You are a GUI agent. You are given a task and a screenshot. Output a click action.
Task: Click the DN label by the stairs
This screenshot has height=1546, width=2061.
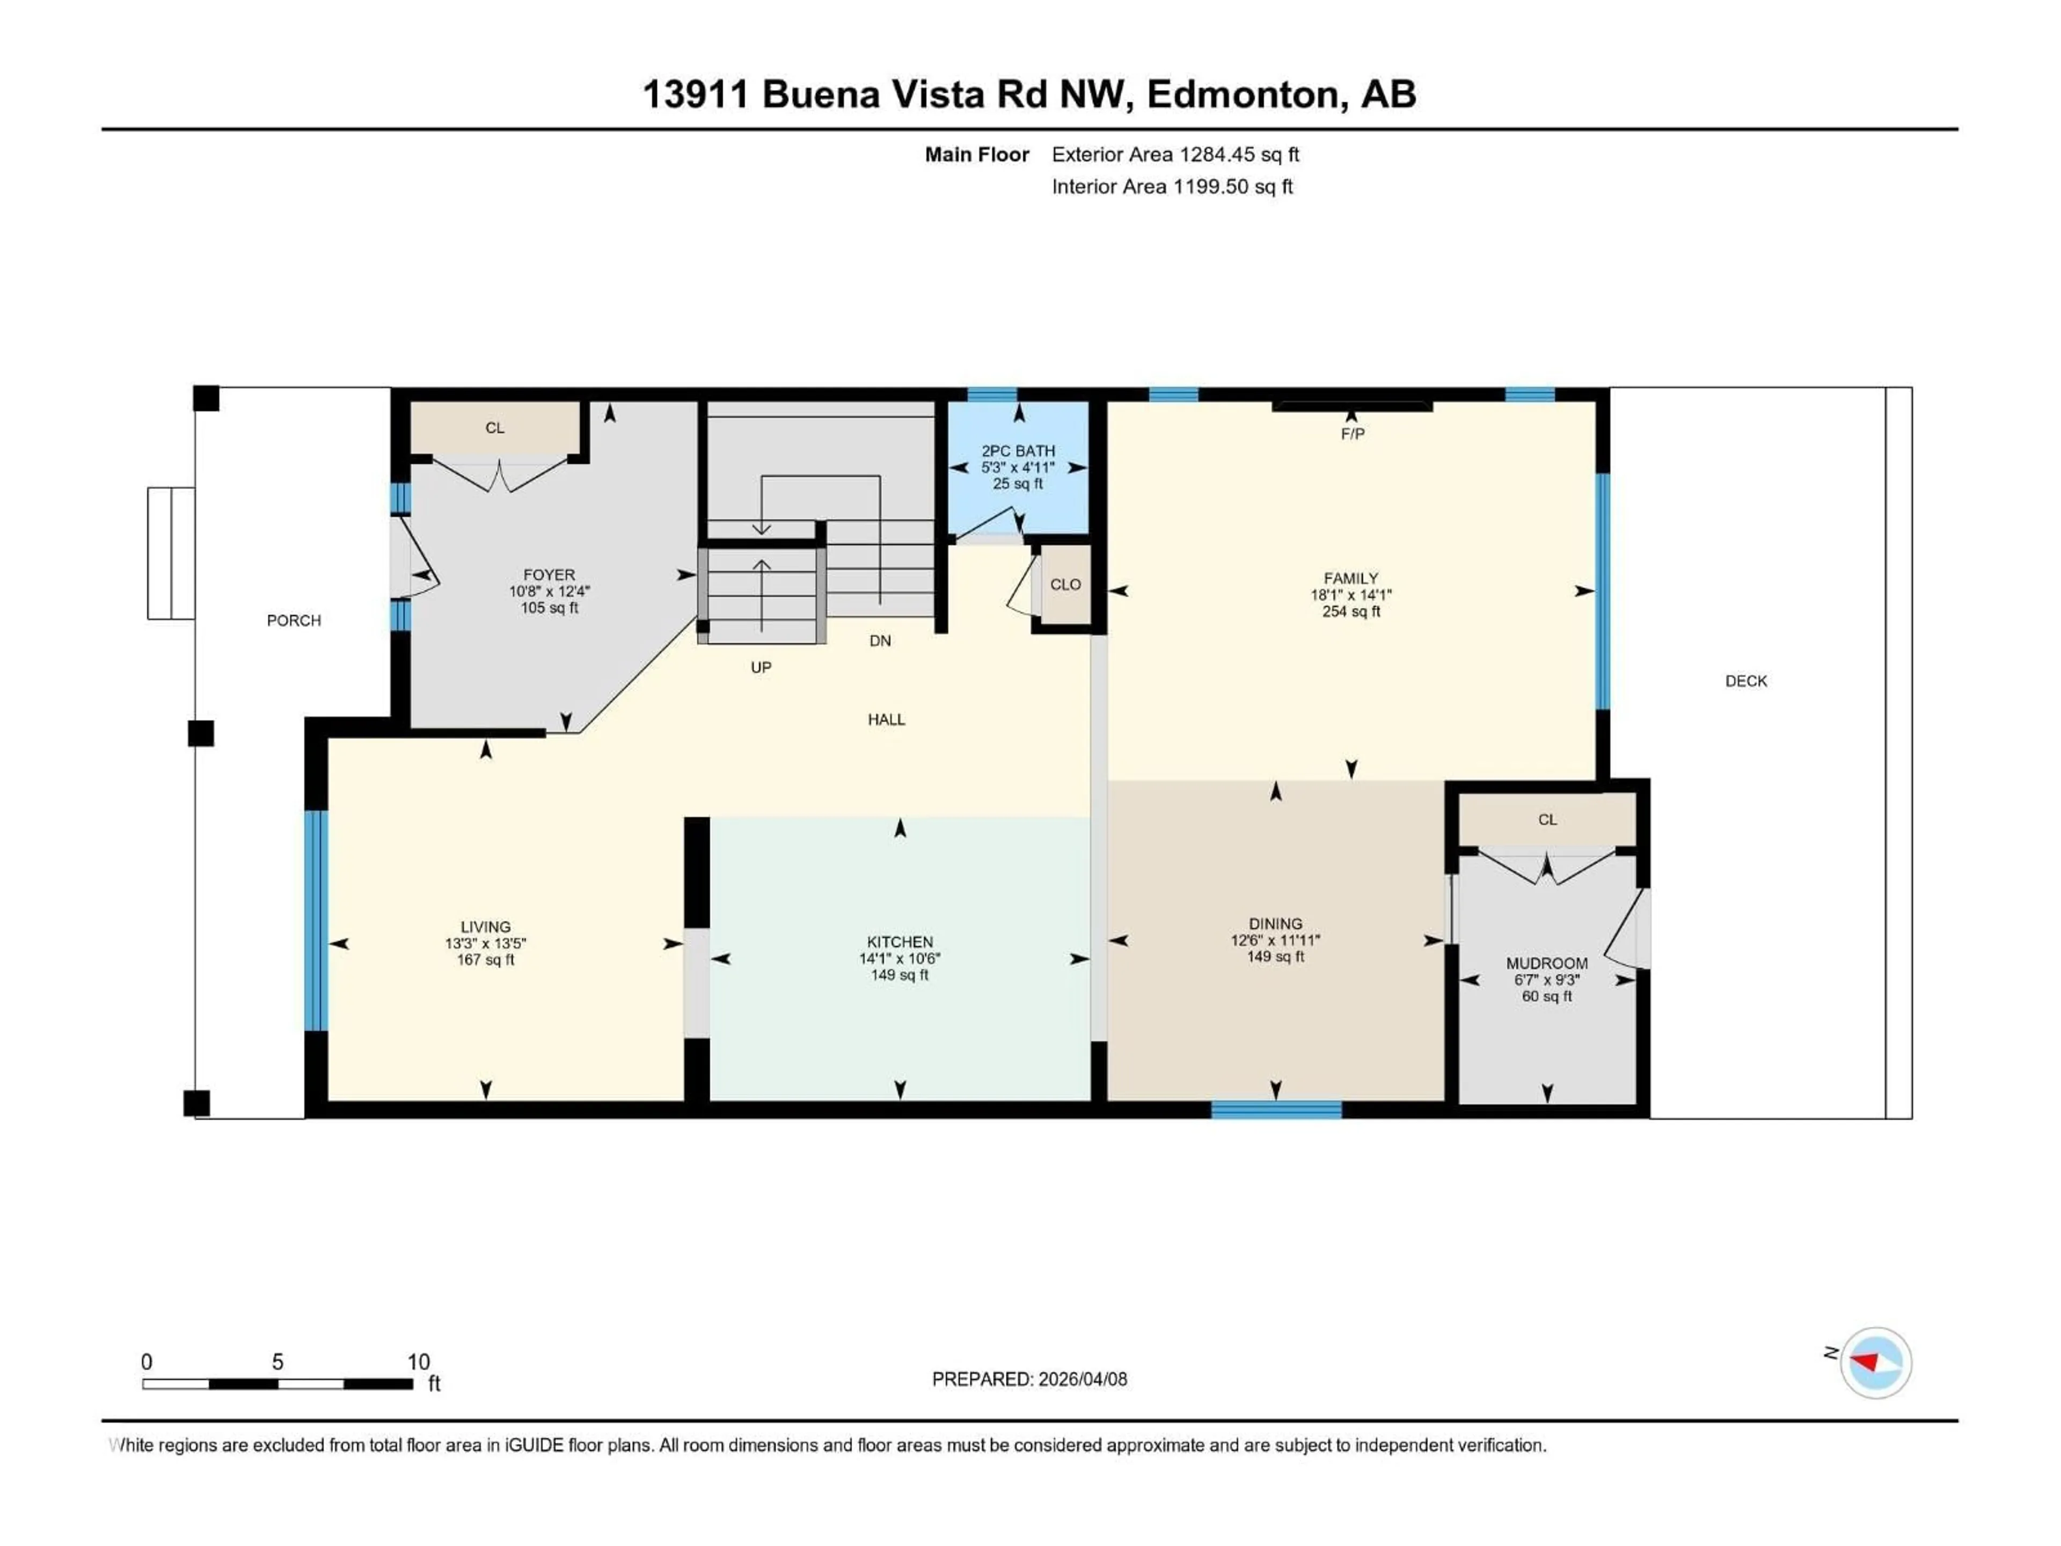[880, 641]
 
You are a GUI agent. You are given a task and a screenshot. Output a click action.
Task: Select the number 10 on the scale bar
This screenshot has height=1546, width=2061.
[418, 1361]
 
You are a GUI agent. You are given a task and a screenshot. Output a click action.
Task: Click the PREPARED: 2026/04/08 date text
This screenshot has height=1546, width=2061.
[1029, 1379]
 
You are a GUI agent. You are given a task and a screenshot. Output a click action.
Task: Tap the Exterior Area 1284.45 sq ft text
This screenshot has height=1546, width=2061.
[1175, 155]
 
